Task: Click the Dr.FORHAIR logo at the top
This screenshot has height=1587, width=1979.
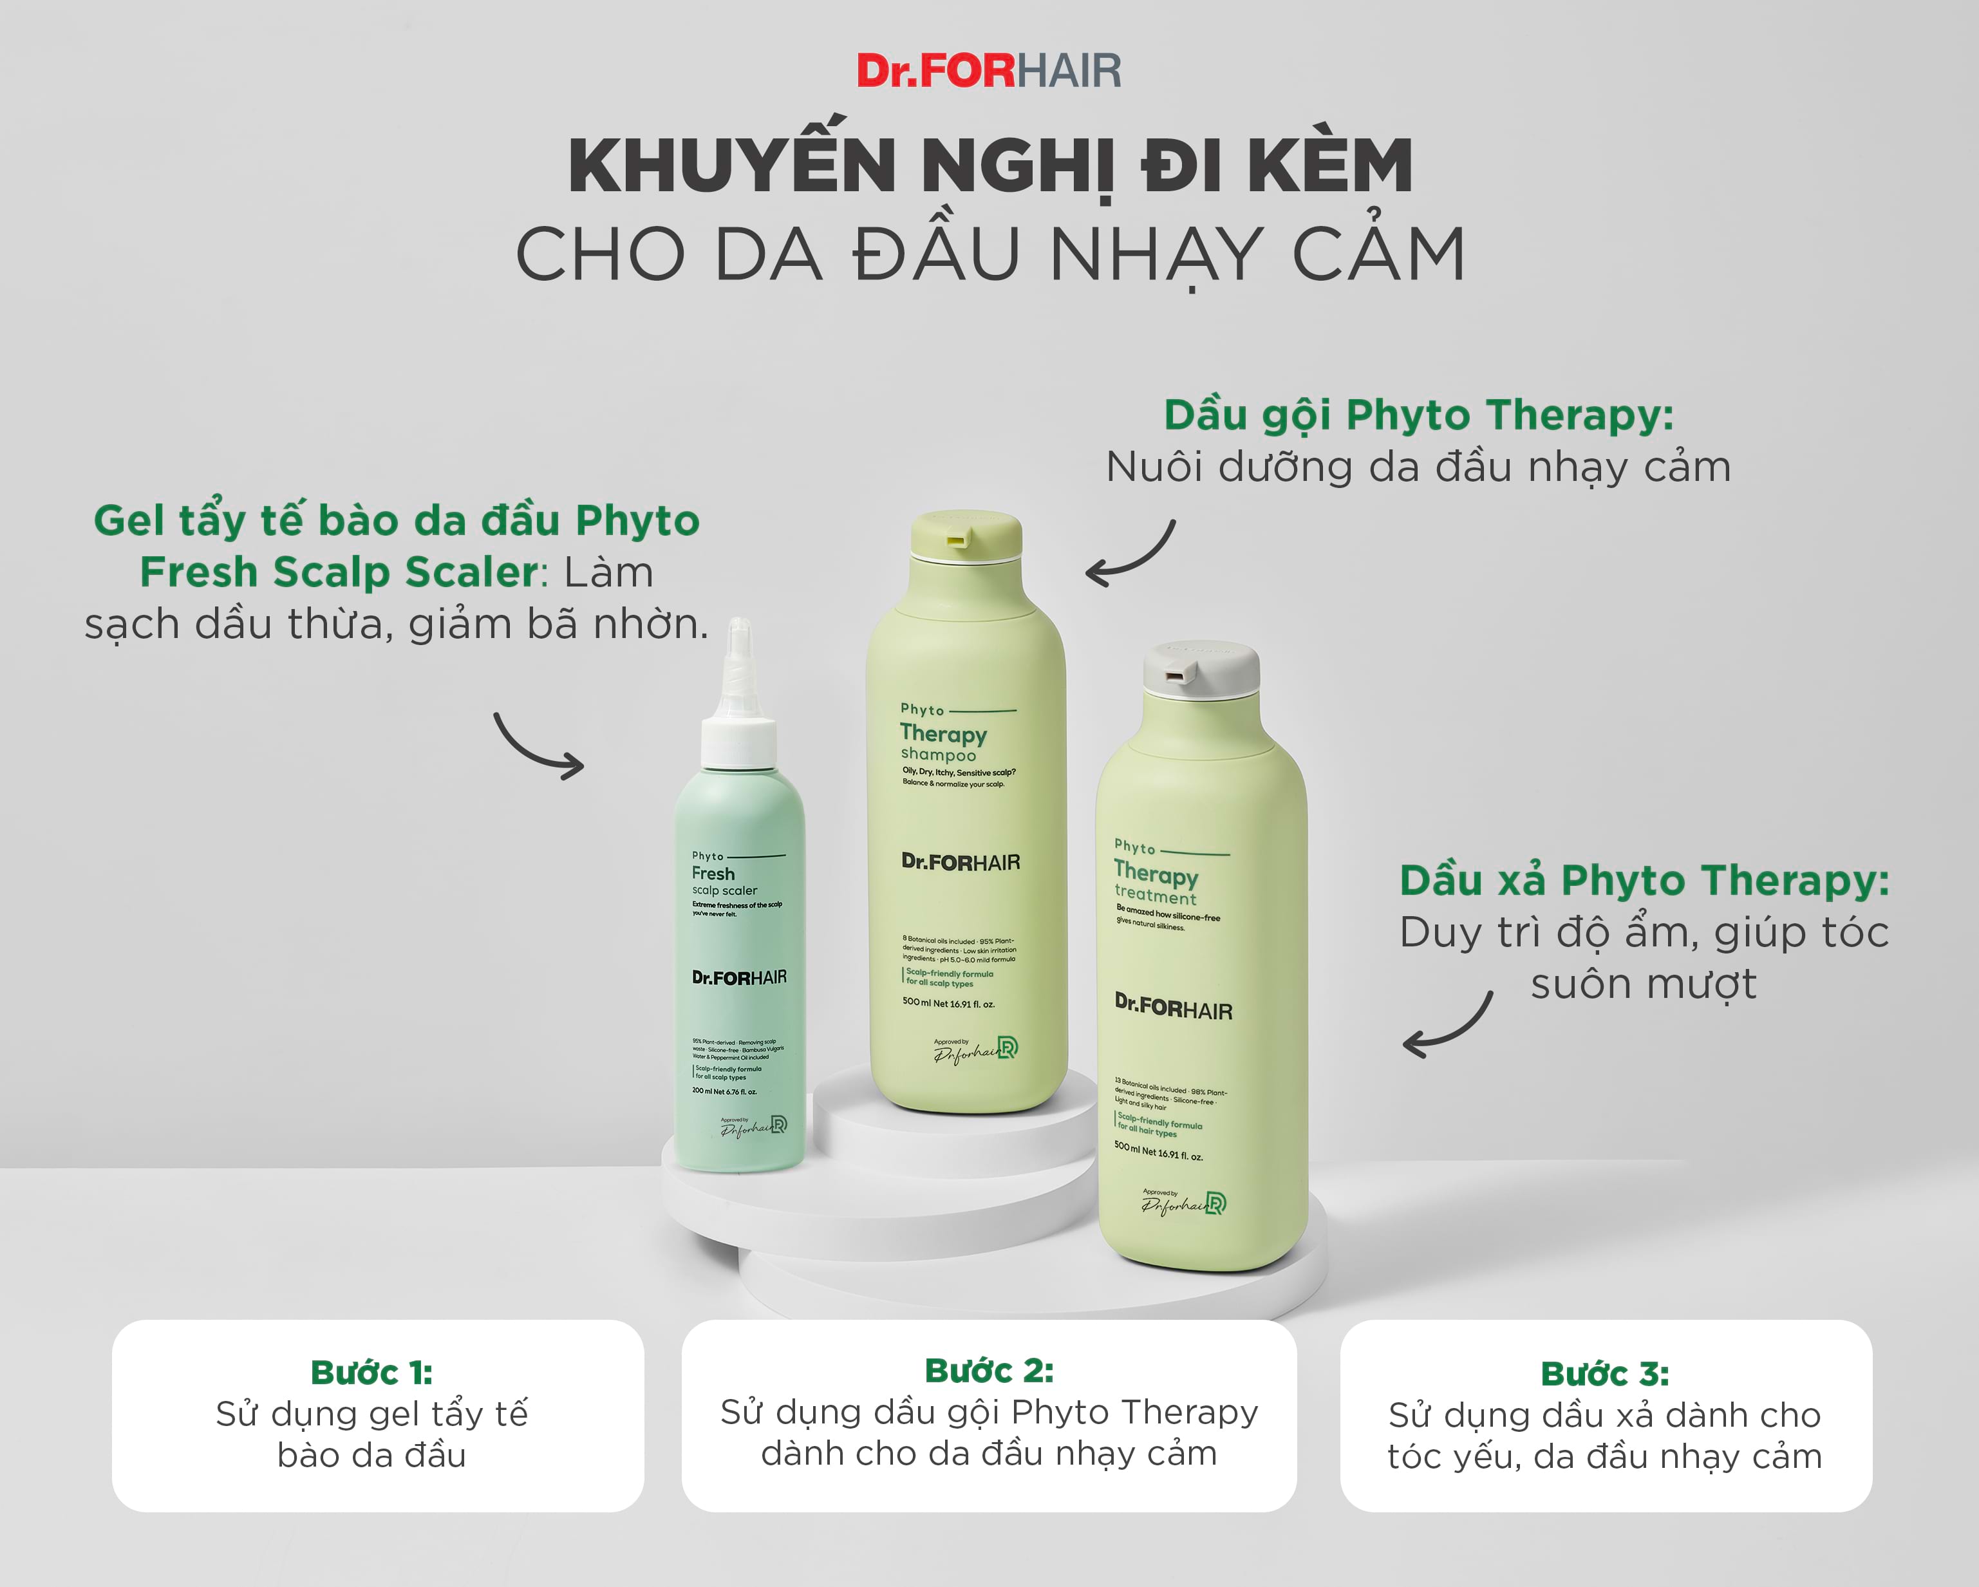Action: point(989,71)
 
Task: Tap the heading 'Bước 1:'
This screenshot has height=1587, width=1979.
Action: point(371,1372)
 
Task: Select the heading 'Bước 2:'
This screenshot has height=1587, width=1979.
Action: point(989,1371)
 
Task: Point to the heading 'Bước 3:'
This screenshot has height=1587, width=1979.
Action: point(1604,1373)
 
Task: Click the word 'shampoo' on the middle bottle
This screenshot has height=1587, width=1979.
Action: point(938,755)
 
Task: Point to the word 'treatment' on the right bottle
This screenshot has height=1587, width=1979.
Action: point(1155,895)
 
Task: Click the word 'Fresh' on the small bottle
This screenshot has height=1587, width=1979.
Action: point(713,874)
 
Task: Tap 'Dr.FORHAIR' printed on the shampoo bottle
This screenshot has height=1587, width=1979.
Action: point(960,863)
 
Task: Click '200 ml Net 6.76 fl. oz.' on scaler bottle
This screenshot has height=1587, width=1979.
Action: point(724,1091)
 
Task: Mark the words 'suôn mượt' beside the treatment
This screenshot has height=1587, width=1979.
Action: point(1643,984)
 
